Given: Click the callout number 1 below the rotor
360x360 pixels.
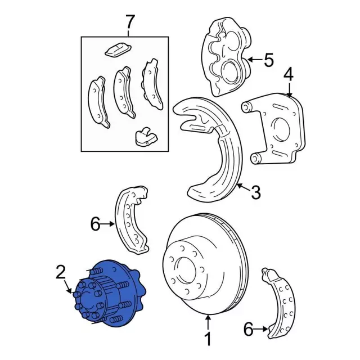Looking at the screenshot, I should tap(208, 339).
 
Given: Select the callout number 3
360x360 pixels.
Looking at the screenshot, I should tap(255, 193).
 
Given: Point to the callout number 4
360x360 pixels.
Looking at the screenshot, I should tap(288, 75).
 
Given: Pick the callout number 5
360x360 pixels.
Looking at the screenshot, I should tap(268, 60).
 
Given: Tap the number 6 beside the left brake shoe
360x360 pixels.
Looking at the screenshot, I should tap(95, 225).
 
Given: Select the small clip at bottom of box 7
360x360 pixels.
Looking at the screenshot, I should tap(145, 136).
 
